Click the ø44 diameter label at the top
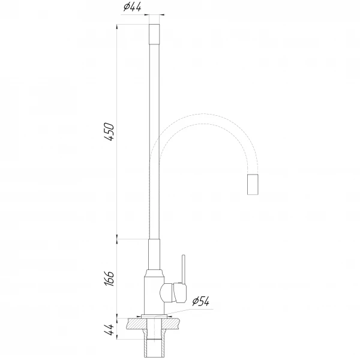[x=132, y=7]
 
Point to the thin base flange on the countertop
[x=154, y=314]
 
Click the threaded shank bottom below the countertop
[x=154, y=348]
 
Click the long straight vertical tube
[x=154, y=138]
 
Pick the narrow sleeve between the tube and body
[x=154, y=255]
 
